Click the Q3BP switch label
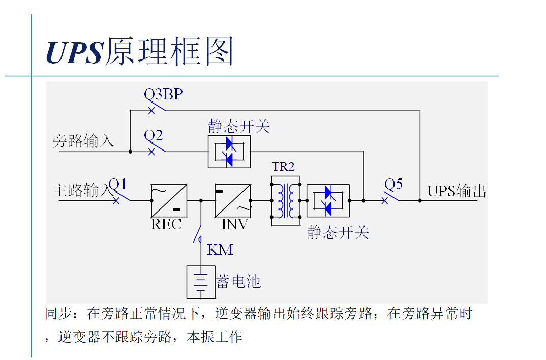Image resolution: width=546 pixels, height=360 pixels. point(164,94)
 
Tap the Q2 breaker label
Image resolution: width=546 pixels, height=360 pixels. point(154,135)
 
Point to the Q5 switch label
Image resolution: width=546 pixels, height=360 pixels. point(393,184)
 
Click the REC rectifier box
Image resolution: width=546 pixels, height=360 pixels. point(169,200)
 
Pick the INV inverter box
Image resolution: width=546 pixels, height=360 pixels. point(233,200)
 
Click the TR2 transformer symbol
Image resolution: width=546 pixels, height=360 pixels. point(285,200)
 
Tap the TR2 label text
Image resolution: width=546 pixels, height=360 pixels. point(283,167)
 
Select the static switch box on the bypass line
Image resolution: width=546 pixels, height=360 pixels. point(229,152)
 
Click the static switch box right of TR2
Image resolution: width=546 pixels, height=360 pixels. point(328,200)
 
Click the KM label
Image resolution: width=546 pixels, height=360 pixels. point(220,250)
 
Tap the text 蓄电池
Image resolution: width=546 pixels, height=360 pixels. point(238,281)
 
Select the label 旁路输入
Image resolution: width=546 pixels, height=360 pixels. point(83,141)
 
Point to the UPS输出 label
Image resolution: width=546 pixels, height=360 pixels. point(456,191)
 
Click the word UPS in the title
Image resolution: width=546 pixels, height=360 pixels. point(74,52)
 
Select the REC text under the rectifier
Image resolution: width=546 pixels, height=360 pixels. point(166,224)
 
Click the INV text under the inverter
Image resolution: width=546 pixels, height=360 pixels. point(235,224)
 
